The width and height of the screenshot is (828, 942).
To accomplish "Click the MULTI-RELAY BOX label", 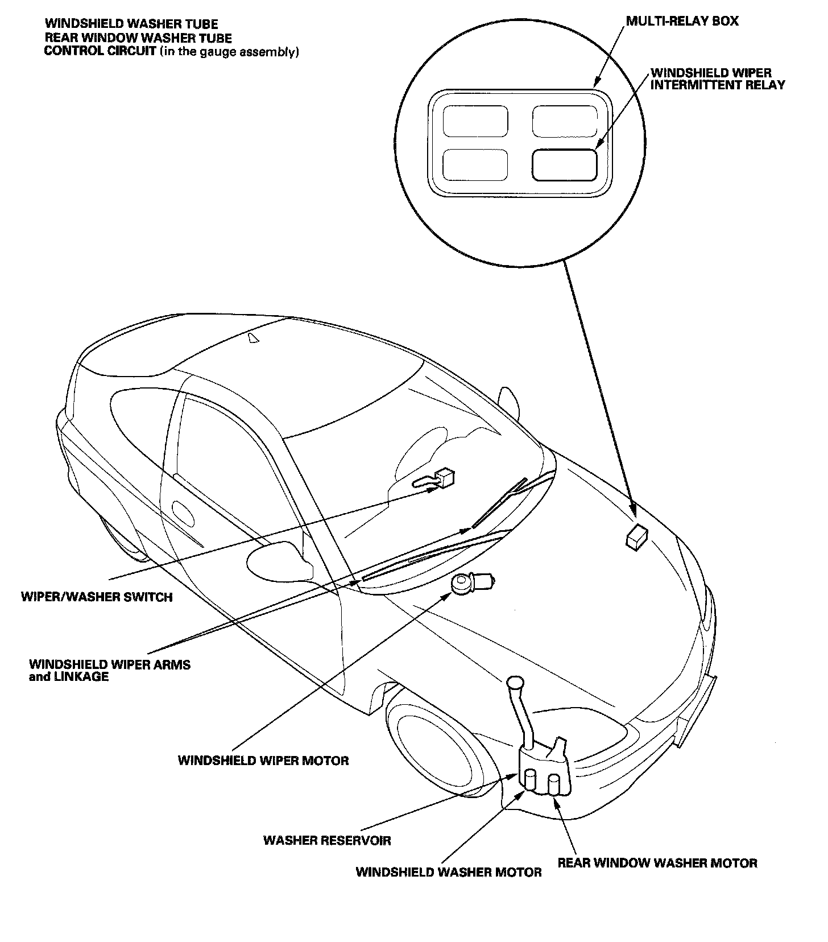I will [x=682, y=22].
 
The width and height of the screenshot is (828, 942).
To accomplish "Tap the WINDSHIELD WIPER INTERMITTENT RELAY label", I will [x=717, y=79].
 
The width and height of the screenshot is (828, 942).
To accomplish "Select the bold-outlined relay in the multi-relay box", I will [x=564, y=165].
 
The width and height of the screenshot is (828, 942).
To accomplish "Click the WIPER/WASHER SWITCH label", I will [x=97, y=597].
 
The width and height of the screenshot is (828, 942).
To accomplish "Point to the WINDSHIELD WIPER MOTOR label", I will [x=263, y=761].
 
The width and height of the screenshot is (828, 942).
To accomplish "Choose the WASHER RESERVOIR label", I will [x=327, y=840].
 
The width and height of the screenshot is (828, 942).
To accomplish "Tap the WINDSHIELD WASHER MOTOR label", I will [x=449, y=872].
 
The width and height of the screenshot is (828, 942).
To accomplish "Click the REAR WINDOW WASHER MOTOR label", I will [x=657, y=863].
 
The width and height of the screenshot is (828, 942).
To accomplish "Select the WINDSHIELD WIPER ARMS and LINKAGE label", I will [x=110, y=670].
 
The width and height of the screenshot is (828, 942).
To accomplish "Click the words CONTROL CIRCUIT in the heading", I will [x=100, y=52].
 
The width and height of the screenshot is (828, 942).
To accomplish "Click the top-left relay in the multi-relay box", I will [x=475, y=121].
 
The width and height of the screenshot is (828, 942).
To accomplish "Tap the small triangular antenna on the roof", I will [x=253, y=338].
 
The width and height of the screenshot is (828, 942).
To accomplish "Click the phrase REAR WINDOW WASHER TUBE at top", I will [x=138, y=38].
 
